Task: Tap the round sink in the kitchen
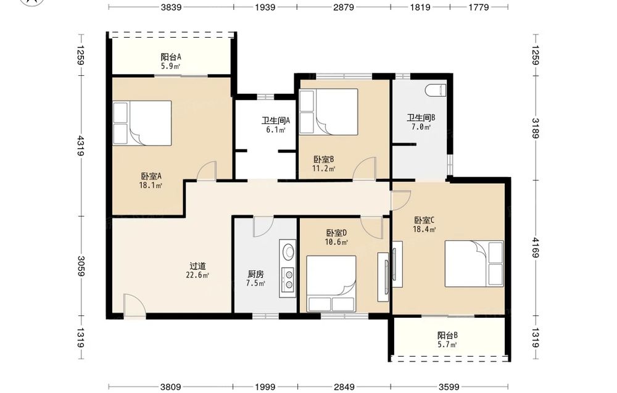[x=288, y=251]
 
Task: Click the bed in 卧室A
[x=142, y=123]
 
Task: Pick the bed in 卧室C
[x=474, y=263]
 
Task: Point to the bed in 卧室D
[x=331, y=284]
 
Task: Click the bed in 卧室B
[x=329, y=112]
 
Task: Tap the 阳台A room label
[x=171, y=57]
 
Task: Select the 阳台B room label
[x=447, y=336]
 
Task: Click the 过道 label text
[x=197, y=266]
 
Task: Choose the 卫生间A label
[x=276, y=120]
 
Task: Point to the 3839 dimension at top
[x=171, y=7]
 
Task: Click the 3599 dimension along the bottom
[x=449, y=387]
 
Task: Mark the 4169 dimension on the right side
[x=535, y=247]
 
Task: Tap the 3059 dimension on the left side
[x=81, y=266]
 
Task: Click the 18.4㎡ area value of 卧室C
[x=424, y=230]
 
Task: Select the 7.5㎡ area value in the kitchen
[x=255, y=283]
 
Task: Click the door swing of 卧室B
[x=364, y=168]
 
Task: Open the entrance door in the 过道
[x=134, y=305]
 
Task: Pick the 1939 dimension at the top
[x=265, y=7]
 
